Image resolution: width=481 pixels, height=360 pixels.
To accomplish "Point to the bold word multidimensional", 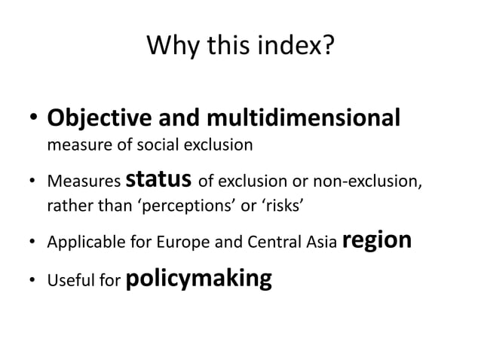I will (x=302, y=119).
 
